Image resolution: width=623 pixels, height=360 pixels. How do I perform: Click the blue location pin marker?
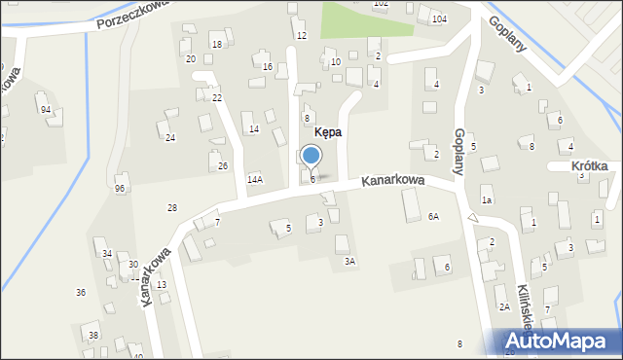[x=311, y=157]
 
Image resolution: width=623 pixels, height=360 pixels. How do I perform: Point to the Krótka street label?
[x=590, y=166]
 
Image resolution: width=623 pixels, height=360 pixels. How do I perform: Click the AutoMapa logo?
[x=560, y=342]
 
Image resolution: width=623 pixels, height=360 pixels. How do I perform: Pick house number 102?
[x=381, y=4]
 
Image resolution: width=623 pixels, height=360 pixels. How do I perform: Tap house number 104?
[x=440, y=19]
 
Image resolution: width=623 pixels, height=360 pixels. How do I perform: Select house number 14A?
[x=255, y=179]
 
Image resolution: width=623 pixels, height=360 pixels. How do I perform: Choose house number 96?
[x=120, y=188]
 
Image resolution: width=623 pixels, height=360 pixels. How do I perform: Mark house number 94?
[x=46, y=109]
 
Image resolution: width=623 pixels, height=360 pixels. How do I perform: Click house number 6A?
[x=433, y=217]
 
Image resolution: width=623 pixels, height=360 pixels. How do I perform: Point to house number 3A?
[x=349, y=261]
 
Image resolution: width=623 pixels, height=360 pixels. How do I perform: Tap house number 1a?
[x=486, y=200]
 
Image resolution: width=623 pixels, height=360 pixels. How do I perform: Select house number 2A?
[x=504, y=306]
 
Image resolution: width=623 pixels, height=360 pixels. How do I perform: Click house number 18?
[x=217, y=45]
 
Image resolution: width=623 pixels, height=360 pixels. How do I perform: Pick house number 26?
[x=223, y=166]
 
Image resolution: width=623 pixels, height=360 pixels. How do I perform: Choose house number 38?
[x=93, y=336]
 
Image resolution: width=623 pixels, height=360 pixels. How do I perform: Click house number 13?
[x=162, y=284]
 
